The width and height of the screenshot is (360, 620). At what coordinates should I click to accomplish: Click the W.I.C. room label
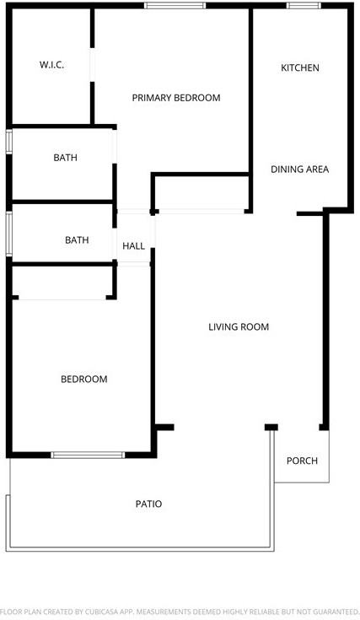(x=52, y=66)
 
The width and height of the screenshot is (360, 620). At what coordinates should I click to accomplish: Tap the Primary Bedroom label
(x=176, y=98)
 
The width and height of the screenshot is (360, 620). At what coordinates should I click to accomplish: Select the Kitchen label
(x=300, y=67)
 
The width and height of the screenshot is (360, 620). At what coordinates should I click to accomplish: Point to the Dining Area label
(x=299, y=170)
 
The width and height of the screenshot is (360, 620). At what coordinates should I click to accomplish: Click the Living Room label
(x=239, y=327)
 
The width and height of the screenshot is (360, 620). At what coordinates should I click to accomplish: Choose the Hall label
(x=133, y=246)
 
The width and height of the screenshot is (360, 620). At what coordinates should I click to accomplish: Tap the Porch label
(x=302, y=461)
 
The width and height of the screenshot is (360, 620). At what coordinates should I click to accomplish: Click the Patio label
(x=148, y=504)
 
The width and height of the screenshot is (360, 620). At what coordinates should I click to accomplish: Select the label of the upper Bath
(x=66, y=158)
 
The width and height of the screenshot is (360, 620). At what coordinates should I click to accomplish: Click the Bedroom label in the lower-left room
(x=84, y=380)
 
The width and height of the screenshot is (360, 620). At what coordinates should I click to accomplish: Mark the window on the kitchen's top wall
(x=304, y=7)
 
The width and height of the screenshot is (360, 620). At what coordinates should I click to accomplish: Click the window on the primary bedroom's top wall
(x=175, y=7)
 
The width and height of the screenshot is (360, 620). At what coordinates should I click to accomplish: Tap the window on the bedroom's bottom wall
(x=89, y=456)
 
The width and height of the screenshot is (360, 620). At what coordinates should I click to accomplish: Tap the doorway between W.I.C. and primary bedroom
(x=93, y=66)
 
